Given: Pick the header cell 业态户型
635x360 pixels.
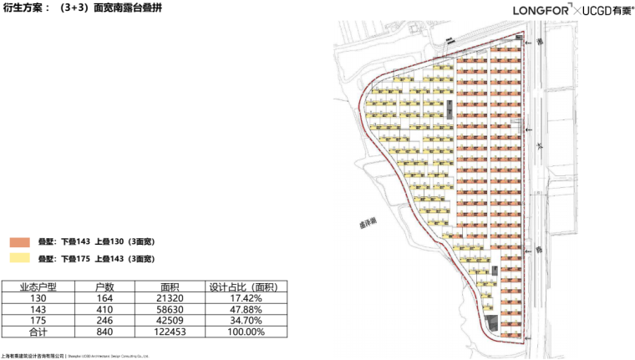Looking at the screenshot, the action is (38, 286).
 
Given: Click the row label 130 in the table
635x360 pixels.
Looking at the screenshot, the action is (38, 297).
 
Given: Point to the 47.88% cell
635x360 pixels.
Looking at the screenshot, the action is (247, 309).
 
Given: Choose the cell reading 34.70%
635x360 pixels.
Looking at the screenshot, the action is (247, 321).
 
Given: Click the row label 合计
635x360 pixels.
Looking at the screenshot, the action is (38, 332).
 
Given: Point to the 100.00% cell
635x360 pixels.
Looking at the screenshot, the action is (247, 332).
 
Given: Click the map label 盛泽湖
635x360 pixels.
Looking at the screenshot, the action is (357, 223).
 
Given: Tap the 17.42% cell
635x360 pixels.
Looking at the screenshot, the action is (247, 297).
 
